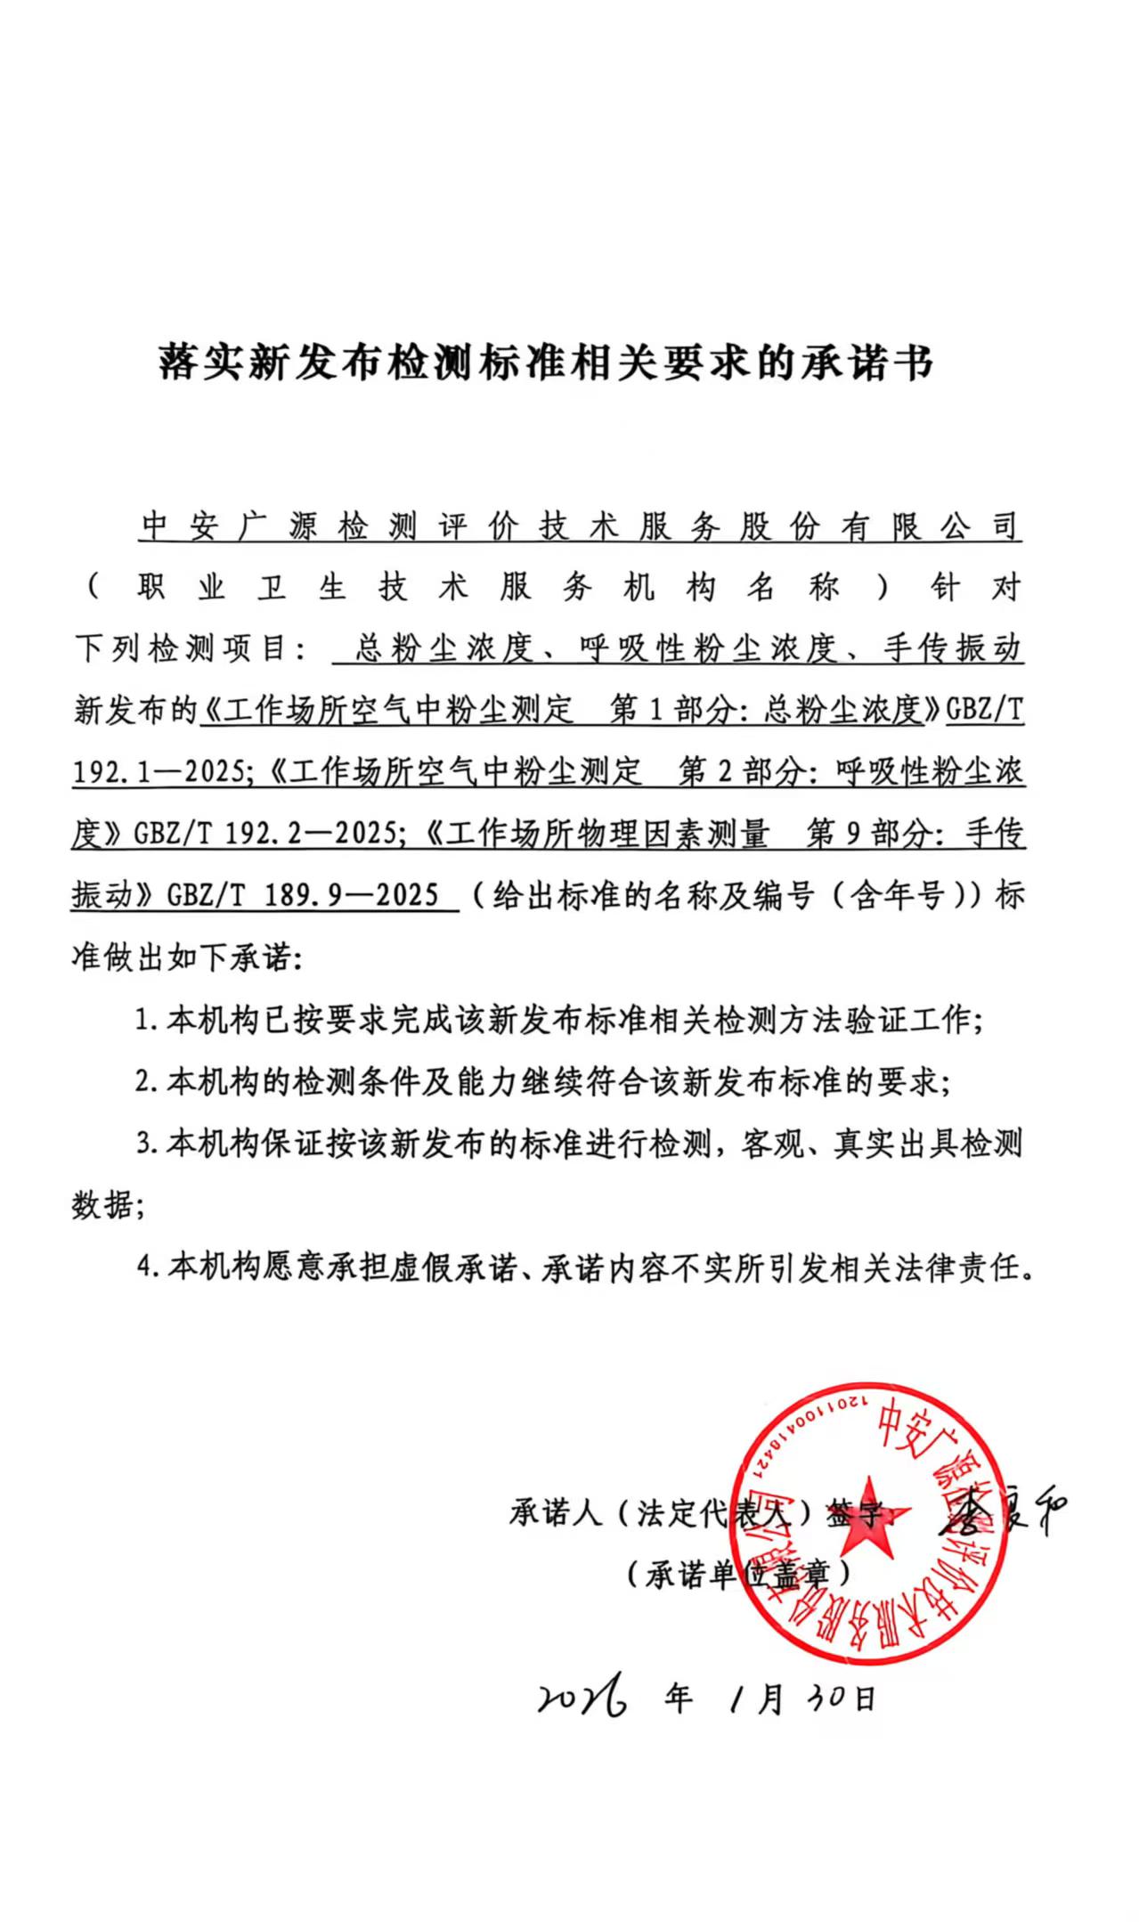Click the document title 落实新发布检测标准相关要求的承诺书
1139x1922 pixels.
point(546,362)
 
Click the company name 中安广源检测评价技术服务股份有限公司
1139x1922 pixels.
point(580,526)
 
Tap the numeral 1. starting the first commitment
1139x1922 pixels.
point(146,1021)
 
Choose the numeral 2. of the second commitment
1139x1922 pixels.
point(146,1082)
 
